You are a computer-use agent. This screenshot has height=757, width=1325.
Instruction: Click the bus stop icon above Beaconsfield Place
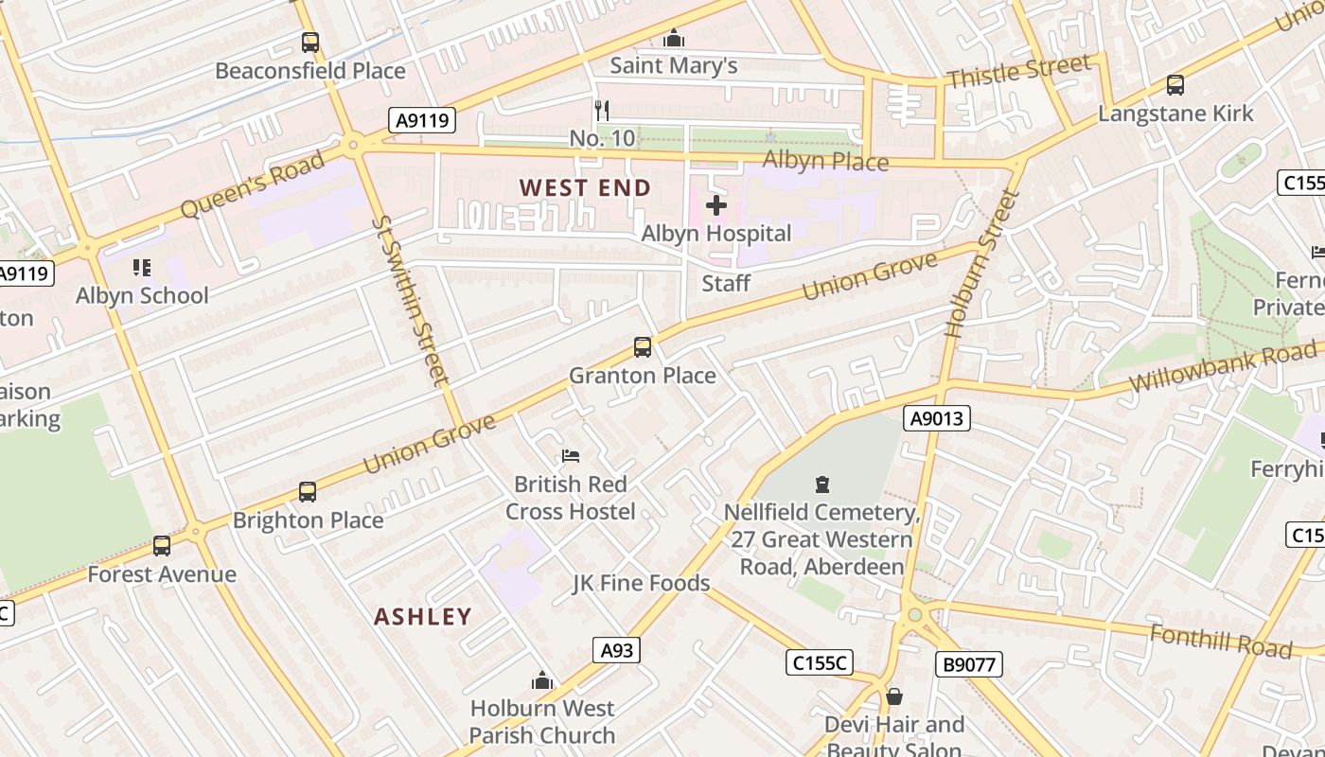pyautogui.click(x=310, y=43)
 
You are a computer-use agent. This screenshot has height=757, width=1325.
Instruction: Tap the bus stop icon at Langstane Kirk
pyautogui.click(x=1175, y=85)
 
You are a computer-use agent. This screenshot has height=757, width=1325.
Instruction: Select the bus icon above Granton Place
pyautogui.click(x=643, y=347)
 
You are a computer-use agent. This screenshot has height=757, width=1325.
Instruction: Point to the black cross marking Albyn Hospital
pyautogui.click(x=716, y=205)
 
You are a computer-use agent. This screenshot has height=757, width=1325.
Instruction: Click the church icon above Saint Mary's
pyautogui.click(x=674, y=38)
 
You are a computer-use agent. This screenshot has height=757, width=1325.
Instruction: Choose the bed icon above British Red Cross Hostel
pyautogui.click(x=570, y=456)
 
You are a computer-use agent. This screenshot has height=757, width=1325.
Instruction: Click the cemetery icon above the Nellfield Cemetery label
pyautogui.click(x=821, y=484)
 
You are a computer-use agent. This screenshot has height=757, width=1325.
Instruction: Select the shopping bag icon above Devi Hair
pyautogui.click(x=893, y=697)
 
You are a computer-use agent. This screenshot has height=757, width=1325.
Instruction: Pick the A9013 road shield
pyautogui.click(x=937, y=418)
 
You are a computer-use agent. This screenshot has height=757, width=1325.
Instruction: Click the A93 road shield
pyautogui.click(x=616, y=650)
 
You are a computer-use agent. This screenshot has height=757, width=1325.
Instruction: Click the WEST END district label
pyautogui.click(x=585, y=188)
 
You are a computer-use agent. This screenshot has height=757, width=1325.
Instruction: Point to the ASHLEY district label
pyautogui.click(x=422, y=617)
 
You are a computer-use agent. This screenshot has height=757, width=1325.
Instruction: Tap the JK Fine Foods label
pyautogui.click(x=641, y=583)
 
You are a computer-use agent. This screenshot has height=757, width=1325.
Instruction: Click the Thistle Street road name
pyautogui.click(x=1018, y=71)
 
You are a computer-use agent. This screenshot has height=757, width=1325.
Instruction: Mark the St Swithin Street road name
pyautogui.click(x=409, y=301)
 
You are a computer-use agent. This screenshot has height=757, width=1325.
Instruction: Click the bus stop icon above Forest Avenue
pyautogui.click(x=162, y=546)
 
